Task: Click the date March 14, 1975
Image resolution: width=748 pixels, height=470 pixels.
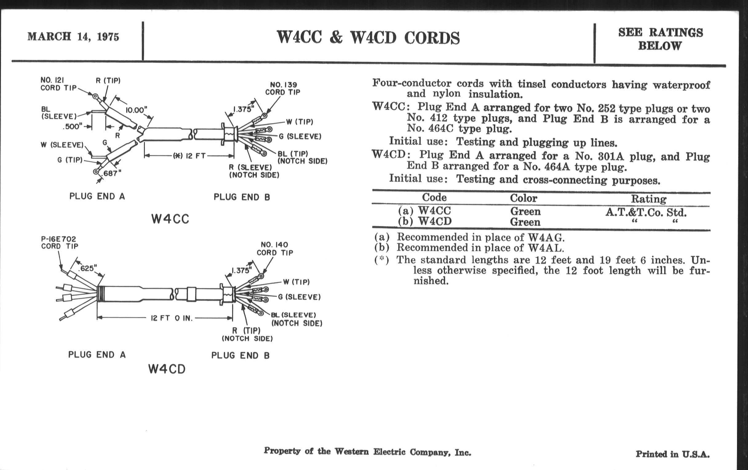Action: (x=73, y=37)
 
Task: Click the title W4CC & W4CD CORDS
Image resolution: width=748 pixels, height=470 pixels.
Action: (x=368, y=37)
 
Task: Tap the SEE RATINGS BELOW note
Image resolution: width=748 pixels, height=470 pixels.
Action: (x=660, y=39)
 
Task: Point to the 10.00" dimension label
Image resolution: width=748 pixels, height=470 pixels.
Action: (x=136, y=110)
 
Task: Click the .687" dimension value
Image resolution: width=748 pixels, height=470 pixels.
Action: (x=112, y=174)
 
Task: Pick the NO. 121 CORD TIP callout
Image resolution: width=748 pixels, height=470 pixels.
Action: (x=58, y=84)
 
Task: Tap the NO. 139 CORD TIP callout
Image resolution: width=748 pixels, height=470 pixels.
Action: (x=283, y=88)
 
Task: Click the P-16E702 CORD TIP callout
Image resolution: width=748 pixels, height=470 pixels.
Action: (x=59, y=243)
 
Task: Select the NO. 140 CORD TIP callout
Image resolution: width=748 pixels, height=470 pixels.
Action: (x=275, y=249)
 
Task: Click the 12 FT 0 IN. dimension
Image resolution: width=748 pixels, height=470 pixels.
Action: (x=172, y=318)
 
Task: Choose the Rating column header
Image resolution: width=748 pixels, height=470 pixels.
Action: (x=649, y=199)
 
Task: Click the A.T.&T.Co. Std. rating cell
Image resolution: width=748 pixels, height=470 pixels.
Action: (x=646, y=213)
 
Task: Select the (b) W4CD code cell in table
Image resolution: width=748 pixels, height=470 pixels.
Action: (x=425, y=221)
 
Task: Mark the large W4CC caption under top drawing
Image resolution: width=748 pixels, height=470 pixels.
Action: (x=170, y=219)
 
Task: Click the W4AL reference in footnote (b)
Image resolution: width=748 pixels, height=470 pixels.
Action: (x=546, y=248)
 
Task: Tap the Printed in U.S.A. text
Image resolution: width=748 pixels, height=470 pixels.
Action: (x=673, y=454)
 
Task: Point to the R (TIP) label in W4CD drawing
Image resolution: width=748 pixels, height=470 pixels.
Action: (x=247, y=331)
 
